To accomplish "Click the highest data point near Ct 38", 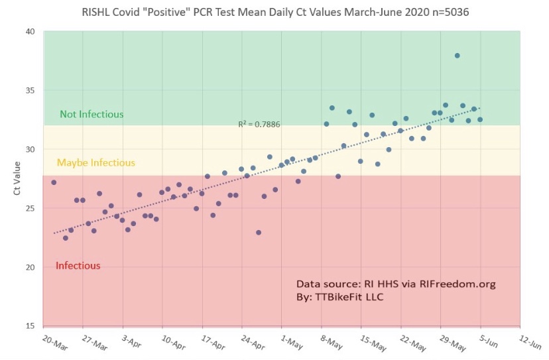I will click(x=457, y=56).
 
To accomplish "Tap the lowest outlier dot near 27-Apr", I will click(x=259, y=233).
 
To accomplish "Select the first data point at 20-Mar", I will click(x=54, y=182).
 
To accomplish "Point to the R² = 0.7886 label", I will click(x=259, y=124).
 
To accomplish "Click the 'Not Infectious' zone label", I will click(x=91, y=114).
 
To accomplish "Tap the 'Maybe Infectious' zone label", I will click(x=96, y=162).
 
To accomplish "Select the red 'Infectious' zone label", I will click(x=78, y=266).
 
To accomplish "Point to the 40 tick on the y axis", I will click(x=31, y=32).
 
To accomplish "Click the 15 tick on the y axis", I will click(x=31, y=326).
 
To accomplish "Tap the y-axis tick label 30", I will click(x=31, y=150).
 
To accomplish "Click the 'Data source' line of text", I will click(x=396, y=284).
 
